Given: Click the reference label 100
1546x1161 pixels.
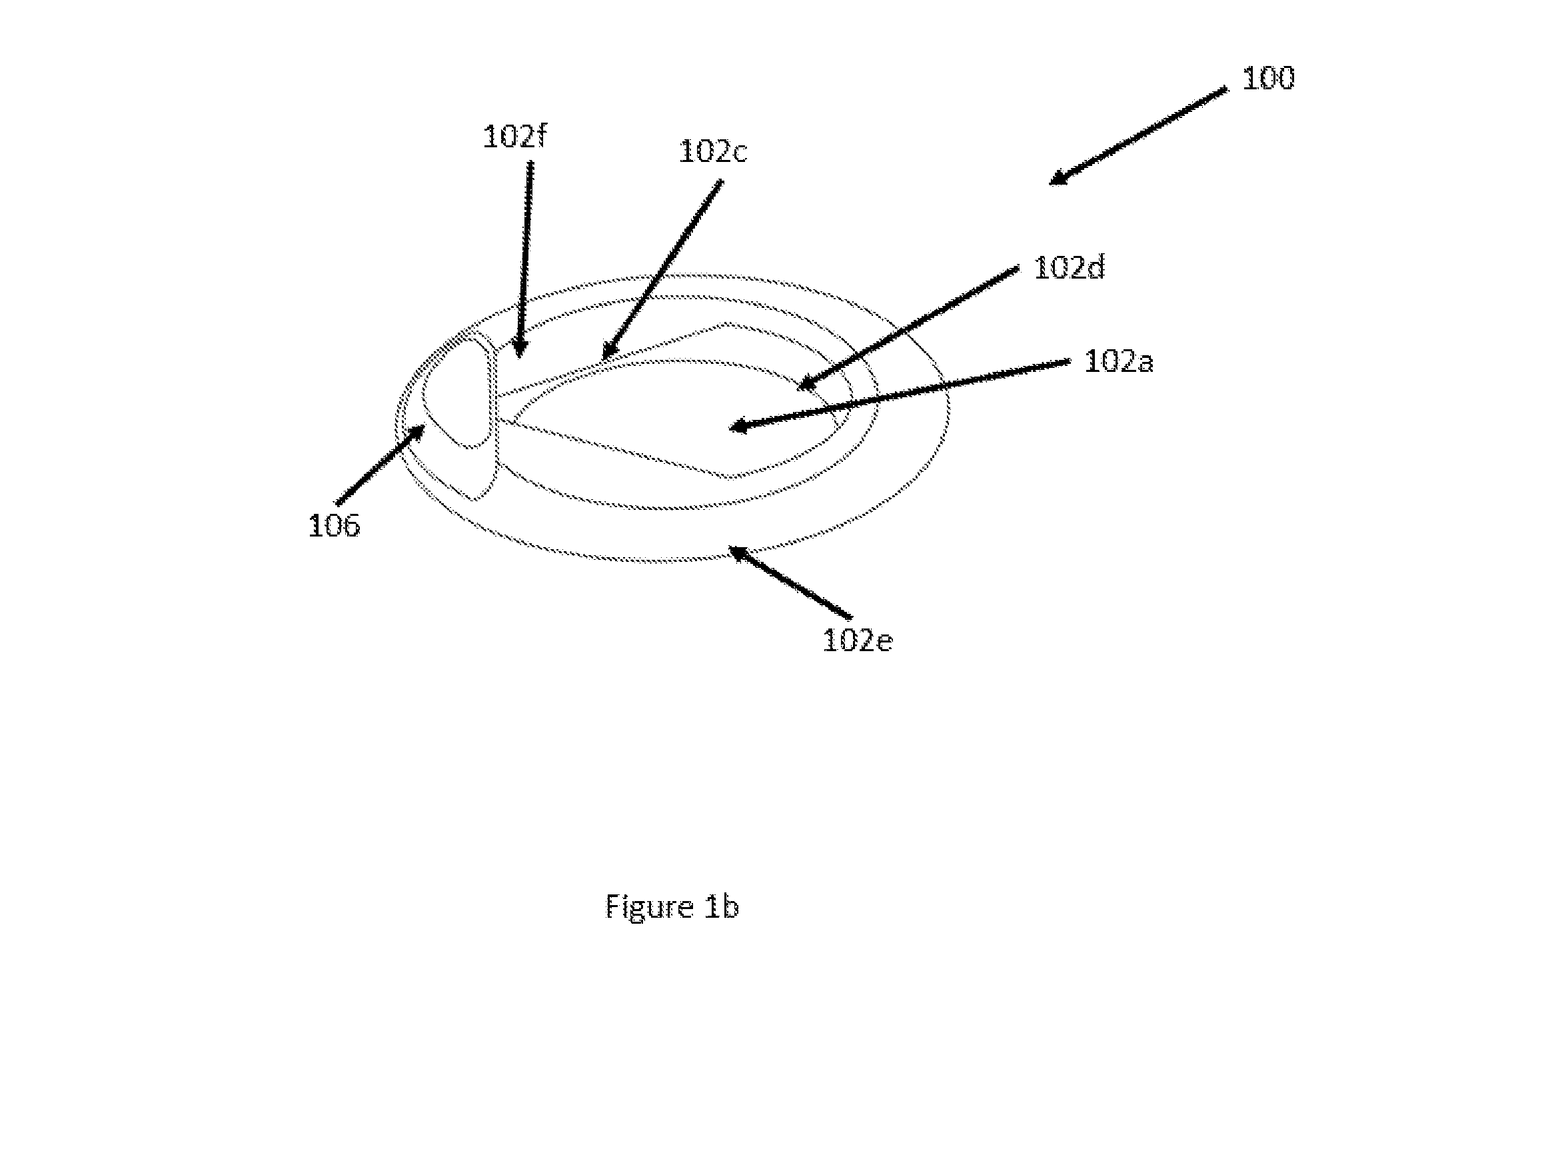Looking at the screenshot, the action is tap(1268, 77).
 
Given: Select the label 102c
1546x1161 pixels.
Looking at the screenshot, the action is tap(713, 152).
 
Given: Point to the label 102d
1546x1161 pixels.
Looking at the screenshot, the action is tap(1069, 267).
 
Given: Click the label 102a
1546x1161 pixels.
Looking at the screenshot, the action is tap(1118, 361).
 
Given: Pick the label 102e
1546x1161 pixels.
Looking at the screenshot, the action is tap(858, 640).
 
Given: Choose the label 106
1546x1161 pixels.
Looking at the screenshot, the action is tap(334, 526).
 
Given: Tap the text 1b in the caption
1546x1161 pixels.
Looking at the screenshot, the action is tap(721, 906).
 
